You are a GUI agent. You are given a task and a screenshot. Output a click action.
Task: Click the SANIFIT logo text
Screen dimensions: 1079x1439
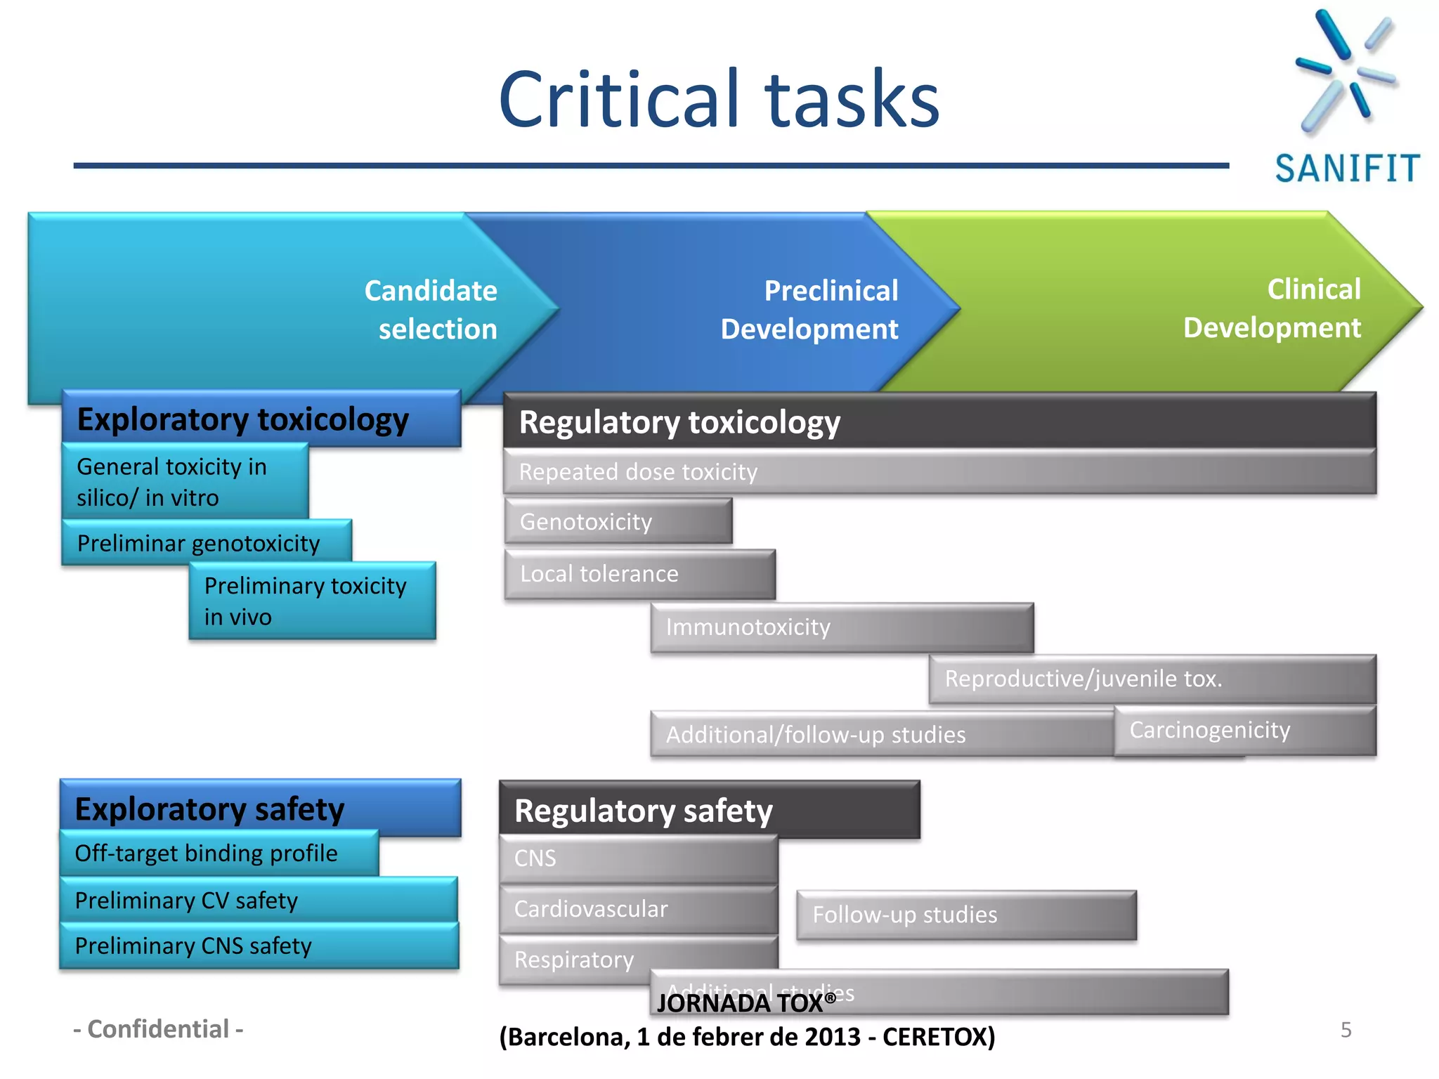[1347, 169]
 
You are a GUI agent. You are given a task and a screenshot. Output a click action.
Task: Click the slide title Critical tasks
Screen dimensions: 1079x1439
[718, 100]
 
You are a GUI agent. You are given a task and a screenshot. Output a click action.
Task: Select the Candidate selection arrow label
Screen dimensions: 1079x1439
[431, 310]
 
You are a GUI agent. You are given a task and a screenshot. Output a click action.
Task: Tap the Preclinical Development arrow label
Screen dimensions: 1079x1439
[809, 310]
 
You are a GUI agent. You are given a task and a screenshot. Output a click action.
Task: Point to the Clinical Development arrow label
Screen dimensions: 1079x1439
[1272, 308]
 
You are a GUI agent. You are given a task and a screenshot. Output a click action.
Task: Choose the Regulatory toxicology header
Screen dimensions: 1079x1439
[939, 421]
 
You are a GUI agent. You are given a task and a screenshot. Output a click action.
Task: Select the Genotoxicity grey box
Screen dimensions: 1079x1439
[618, 522]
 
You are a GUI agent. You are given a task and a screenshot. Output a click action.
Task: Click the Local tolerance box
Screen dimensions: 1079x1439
[639, 574]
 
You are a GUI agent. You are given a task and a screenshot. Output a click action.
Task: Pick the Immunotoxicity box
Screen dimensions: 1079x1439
[841, 627]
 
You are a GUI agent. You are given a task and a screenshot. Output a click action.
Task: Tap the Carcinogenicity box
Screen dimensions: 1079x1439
[1244, 731]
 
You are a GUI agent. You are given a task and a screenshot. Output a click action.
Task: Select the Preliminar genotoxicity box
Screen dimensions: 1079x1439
[206, 543]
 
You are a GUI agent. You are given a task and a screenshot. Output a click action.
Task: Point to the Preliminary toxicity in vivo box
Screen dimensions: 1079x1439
[312, 601]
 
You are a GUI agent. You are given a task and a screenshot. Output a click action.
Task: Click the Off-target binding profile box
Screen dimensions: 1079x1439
[219, 854]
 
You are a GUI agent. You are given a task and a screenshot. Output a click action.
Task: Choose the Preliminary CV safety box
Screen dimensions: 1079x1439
[258, 901]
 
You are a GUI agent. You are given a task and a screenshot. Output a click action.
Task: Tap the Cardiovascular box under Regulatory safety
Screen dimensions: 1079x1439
[638, 909]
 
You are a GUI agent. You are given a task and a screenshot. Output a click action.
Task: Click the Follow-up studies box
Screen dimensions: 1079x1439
[965, 915]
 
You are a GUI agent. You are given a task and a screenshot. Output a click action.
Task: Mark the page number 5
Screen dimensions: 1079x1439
[1346, 1030]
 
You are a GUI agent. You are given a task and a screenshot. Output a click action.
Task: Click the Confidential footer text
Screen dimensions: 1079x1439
[159, 1029]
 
